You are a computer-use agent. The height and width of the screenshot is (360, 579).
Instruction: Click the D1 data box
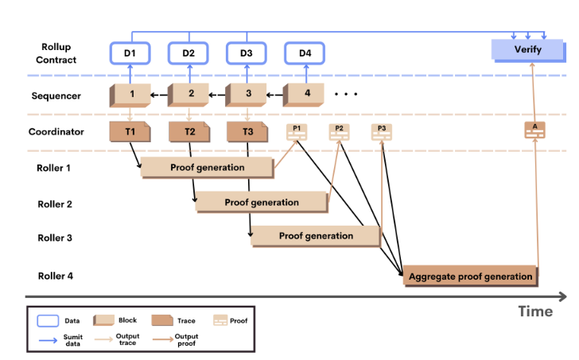130,53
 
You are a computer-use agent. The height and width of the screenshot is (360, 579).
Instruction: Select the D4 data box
305,53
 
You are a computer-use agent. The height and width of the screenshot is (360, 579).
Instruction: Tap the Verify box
527,50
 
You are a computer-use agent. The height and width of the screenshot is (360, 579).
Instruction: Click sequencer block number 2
190,95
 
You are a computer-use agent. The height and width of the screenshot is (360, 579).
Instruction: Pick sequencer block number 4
307,95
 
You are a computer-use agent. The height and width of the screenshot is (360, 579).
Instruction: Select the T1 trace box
130,132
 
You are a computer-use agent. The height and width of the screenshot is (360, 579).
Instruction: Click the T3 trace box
247,132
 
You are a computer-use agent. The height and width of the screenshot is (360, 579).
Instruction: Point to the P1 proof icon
297,131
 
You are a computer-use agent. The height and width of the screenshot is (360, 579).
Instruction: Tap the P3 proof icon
382,131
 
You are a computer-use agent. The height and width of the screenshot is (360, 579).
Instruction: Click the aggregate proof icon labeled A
534,130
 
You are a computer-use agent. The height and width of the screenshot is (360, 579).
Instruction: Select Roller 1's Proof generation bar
207,168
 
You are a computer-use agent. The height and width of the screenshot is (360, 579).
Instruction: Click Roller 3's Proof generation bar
316,236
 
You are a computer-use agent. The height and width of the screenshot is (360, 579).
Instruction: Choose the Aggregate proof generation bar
470,277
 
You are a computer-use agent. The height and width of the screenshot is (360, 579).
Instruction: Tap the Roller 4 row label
55,277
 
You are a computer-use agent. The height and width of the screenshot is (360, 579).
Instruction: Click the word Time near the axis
535,312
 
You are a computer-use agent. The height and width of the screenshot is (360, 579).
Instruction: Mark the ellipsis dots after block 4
346,95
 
